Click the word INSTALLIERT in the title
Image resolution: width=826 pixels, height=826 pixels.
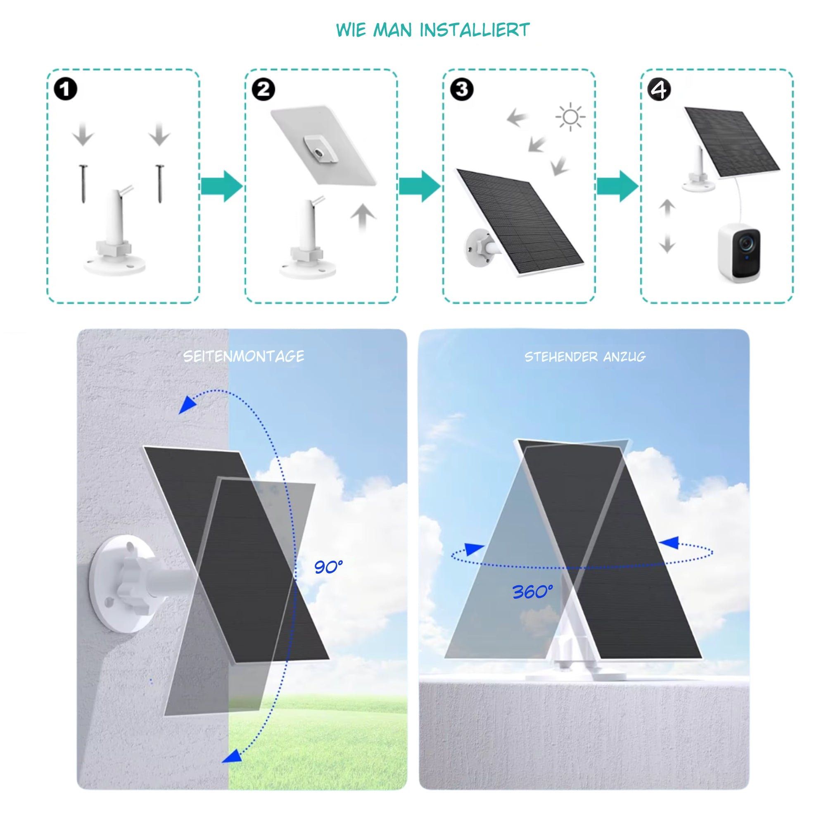[x=475, y=30]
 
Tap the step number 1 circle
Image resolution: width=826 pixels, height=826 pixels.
[x=65, y=89]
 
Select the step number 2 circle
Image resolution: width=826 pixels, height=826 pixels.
[x=263, y=89]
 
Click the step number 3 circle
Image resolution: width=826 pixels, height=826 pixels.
[x=462, y=89]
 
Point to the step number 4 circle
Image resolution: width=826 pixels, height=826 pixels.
[x=659, y=90]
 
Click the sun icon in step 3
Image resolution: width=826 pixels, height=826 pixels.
[x=570, y=117]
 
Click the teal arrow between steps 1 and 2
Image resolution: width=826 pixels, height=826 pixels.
[x=221, y=186]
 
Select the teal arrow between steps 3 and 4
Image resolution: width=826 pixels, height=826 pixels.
[x=617, y=186]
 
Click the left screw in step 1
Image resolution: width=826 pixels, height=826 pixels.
[x=83, y=184]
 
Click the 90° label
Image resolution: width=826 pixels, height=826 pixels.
[x=328, y=567]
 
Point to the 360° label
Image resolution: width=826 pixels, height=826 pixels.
[x=532, y=592]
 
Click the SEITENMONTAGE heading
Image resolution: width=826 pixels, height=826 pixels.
[x=244, y=356]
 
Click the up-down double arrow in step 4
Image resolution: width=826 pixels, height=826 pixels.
[x=667, y=226]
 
